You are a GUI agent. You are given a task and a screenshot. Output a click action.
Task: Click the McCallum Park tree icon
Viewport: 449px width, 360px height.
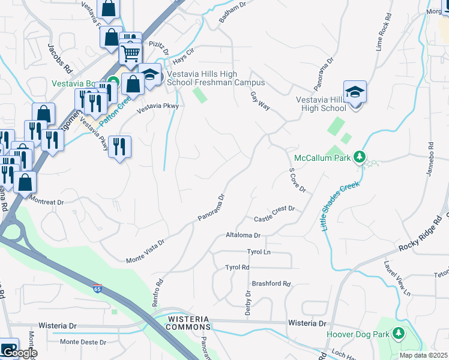click(x=360, y=157)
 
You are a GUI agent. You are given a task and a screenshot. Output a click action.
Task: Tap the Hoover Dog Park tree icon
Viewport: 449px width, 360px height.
click(x=398, y=333)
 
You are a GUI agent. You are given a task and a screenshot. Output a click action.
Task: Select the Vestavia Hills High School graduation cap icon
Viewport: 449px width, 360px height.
click(x=355, y=92)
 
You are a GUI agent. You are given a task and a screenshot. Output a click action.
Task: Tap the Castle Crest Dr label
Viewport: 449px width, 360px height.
click(x=275, y=209)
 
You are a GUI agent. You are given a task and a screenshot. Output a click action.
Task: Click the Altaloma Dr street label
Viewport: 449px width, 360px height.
click(x=243, y=236)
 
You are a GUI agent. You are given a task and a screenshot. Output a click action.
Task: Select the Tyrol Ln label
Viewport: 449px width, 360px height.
click(x=259, y=252)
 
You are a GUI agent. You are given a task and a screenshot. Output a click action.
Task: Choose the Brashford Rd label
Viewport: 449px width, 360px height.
click(x=271, y=284)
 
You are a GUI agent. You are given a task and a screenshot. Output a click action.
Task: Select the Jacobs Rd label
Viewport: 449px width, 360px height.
click(x=60, y=57)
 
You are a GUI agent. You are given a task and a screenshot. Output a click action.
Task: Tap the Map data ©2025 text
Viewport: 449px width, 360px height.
click(x=423, y=355)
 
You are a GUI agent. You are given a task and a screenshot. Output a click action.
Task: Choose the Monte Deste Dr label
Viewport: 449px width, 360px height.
click(x=83, y=342)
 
